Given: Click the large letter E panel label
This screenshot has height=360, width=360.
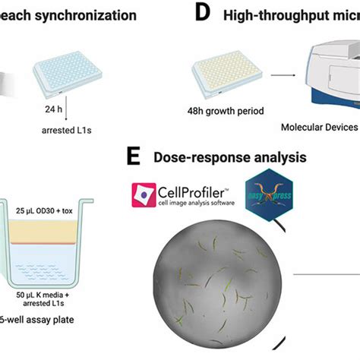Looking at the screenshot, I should (x=134, y=157).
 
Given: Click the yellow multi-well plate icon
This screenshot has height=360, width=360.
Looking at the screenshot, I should (x=228, y=74).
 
